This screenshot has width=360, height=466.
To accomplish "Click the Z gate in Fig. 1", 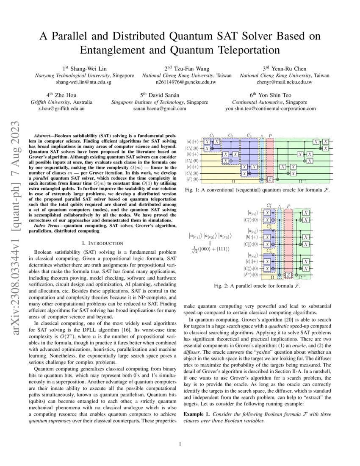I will [270, 180].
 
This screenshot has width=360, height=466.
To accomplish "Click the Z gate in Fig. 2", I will [288, 275].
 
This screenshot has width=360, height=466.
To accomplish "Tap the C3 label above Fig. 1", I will [249, 136].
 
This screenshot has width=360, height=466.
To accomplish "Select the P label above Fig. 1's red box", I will [270, 136].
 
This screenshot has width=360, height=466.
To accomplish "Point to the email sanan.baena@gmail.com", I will [160, 108].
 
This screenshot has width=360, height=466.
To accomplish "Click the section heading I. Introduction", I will [101, 243].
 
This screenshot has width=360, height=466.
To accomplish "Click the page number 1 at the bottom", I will [180, 444].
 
